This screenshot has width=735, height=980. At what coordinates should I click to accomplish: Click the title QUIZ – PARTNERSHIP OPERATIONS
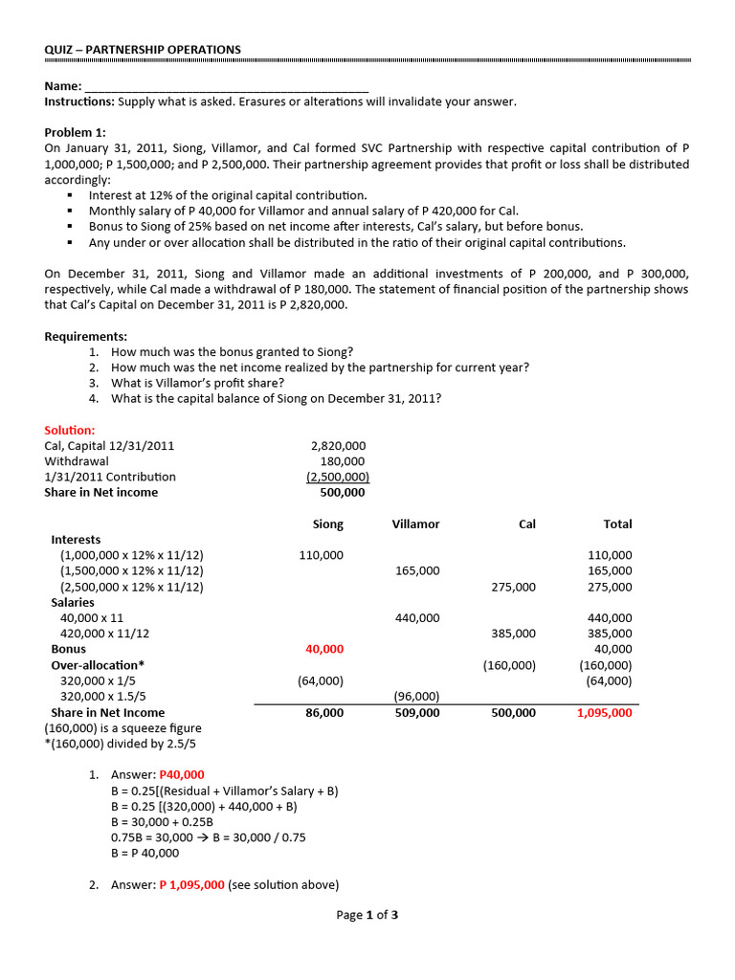(143, 50)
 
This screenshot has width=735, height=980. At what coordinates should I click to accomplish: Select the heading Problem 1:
(76, 132)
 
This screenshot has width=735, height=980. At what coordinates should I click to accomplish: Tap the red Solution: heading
(70, 431)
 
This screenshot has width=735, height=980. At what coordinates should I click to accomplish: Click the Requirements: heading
(85, 337)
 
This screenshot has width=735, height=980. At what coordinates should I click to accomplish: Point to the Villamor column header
(416, 524)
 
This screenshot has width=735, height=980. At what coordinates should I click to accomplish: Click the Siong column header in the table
(328, 524)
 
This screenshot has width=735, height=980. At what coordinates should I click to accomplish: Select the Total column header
(617, 524)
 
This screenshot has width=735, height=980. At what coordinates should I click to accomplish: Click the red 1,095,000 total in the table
(604, 713)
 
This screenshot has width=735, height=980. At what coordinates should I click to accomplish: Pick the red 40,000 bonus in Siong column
(324, 650)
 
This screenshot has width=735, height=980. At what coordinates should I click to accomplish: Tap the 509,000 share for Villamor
(417, 713)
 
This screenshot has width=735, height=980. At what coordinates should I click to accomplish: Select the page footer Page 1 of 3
(367, 915)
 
